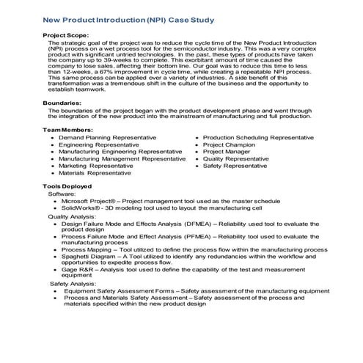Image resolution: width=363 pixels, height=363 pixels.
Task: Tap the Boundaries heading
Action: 64,103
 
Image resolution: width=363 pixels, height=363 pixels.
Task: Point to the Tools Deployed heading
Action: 71,187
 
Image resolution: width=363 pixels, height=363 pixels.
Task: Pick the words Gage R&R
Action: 80,269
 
